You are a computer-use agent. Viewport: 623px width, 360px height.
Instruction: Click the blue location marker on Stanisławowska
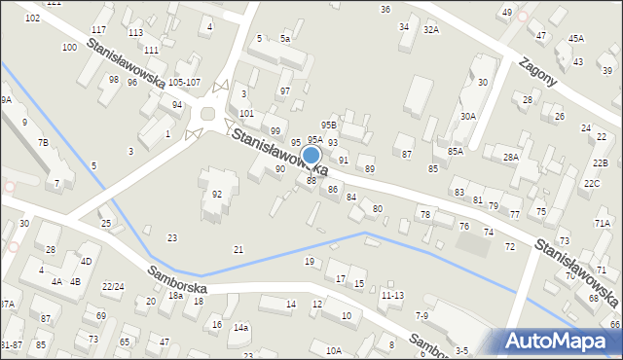[311, 156]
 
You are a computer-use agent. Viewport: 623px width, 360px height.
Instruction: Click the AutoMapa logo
[560, 342]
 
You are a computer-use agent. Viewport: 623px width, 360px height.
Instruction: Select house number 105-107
[184, 83]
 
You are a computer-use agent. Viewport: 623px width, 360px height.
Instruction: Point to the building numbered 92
[217, 194]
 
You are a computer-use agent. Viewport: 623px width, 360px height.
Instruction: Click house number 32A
[431, 30]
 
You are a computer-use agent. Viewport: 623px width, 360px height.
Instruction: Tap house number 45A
[576, 38]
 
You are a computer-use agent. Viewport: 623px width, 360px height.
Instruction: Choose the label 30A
[468, 116]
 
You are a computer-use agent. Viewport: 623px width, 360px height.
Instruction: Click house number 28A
[511, 157]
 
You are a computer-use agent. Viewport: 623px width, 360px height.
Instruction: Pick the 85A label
[456, 151]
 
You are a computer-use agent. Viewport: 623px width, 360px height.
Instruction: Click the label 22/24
[113, 286]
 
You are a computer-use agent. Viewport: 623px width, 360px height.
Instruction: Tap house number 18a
[175, 295]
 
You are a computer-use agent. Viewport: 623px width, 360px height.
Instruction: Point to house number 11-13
[393, 294]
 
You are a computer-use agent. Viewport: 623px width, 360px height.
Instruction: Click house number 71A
[603, 223]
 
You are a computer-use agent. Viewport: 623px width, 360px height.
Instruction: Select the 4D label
[86, 261]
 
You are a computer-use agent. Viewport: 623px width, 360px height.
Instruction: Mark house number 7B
[43, 143]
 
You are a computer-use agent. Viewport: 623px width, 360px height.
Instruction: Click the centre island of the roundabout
[208, 115]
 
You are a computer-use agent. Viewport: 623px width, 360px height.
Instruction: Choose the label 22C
[592, 183]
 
